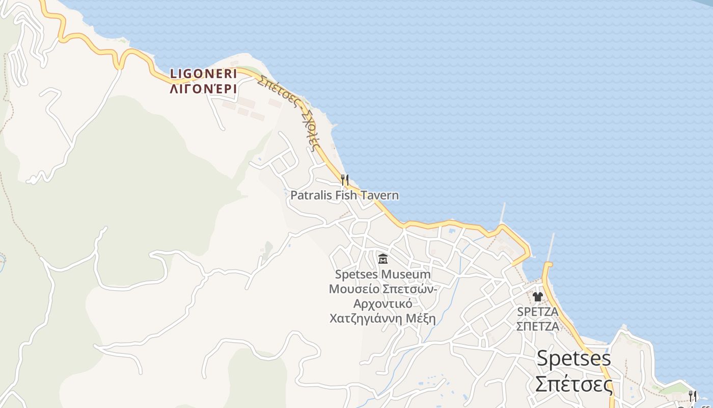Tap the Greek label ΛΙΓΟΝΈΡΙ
click(203, 89)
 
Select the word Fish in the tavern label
click(346, 195)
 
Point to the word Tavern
click(379, 195)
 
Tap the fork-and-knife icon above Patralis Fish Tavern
click(345, 180)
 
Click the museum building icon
click(383, 259)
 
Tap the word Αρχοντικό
click(382, 304)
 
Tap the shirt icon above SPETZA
click(537, 296)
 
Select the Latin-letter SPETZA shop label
click(537, 312)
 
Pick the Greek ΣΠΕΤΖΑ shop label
click(537, 326)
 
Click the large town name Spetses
click(574, 359)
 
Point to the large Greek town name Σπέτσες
click(574, 384)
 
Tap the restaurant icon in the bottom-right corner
click(692, 395)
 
